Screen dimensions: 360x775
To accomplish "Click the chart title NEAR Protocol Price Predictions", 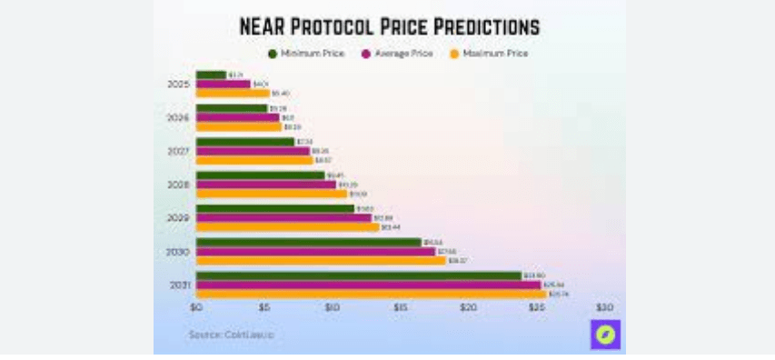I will [389, 25].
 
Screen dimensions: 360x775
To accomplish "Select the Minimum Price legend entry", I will [305, 54].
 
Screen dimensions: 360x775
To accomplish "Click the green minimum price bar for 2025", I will [211, 75].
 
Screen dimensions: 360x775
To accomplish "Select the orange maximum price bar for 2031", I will [371, 295].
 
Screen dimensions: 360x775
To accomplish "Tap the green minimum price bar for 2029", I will [274, 208].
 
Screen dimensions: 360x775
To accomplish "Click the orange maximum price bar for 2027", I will [253, 160].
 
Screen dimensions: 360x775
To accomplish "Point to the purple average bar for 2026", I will [237, 117].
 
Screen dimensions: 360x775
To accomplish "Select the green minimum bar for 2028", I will [260, 175].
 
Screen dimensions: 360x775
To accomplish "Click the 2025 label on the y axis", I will [179, 84].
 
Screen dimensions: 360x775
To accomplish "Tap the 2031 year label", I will [179, 285].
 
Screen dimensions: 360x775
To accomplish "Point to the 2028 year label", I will [179, 185].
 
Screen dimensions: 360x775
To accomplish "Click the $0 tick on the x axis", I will [196, 308].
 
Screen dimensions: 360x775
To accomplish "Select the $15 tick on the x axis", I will [400, 308].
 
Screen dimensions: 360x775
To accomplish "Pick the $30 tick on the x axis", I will [605, 308].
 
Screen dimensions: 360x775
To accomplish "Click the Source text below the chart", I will [231, 335].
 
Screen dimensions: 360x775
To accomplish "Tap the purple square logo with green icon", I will [605, 335].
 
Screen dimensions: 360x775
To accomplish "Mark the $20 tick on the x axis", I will [468, 308].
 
